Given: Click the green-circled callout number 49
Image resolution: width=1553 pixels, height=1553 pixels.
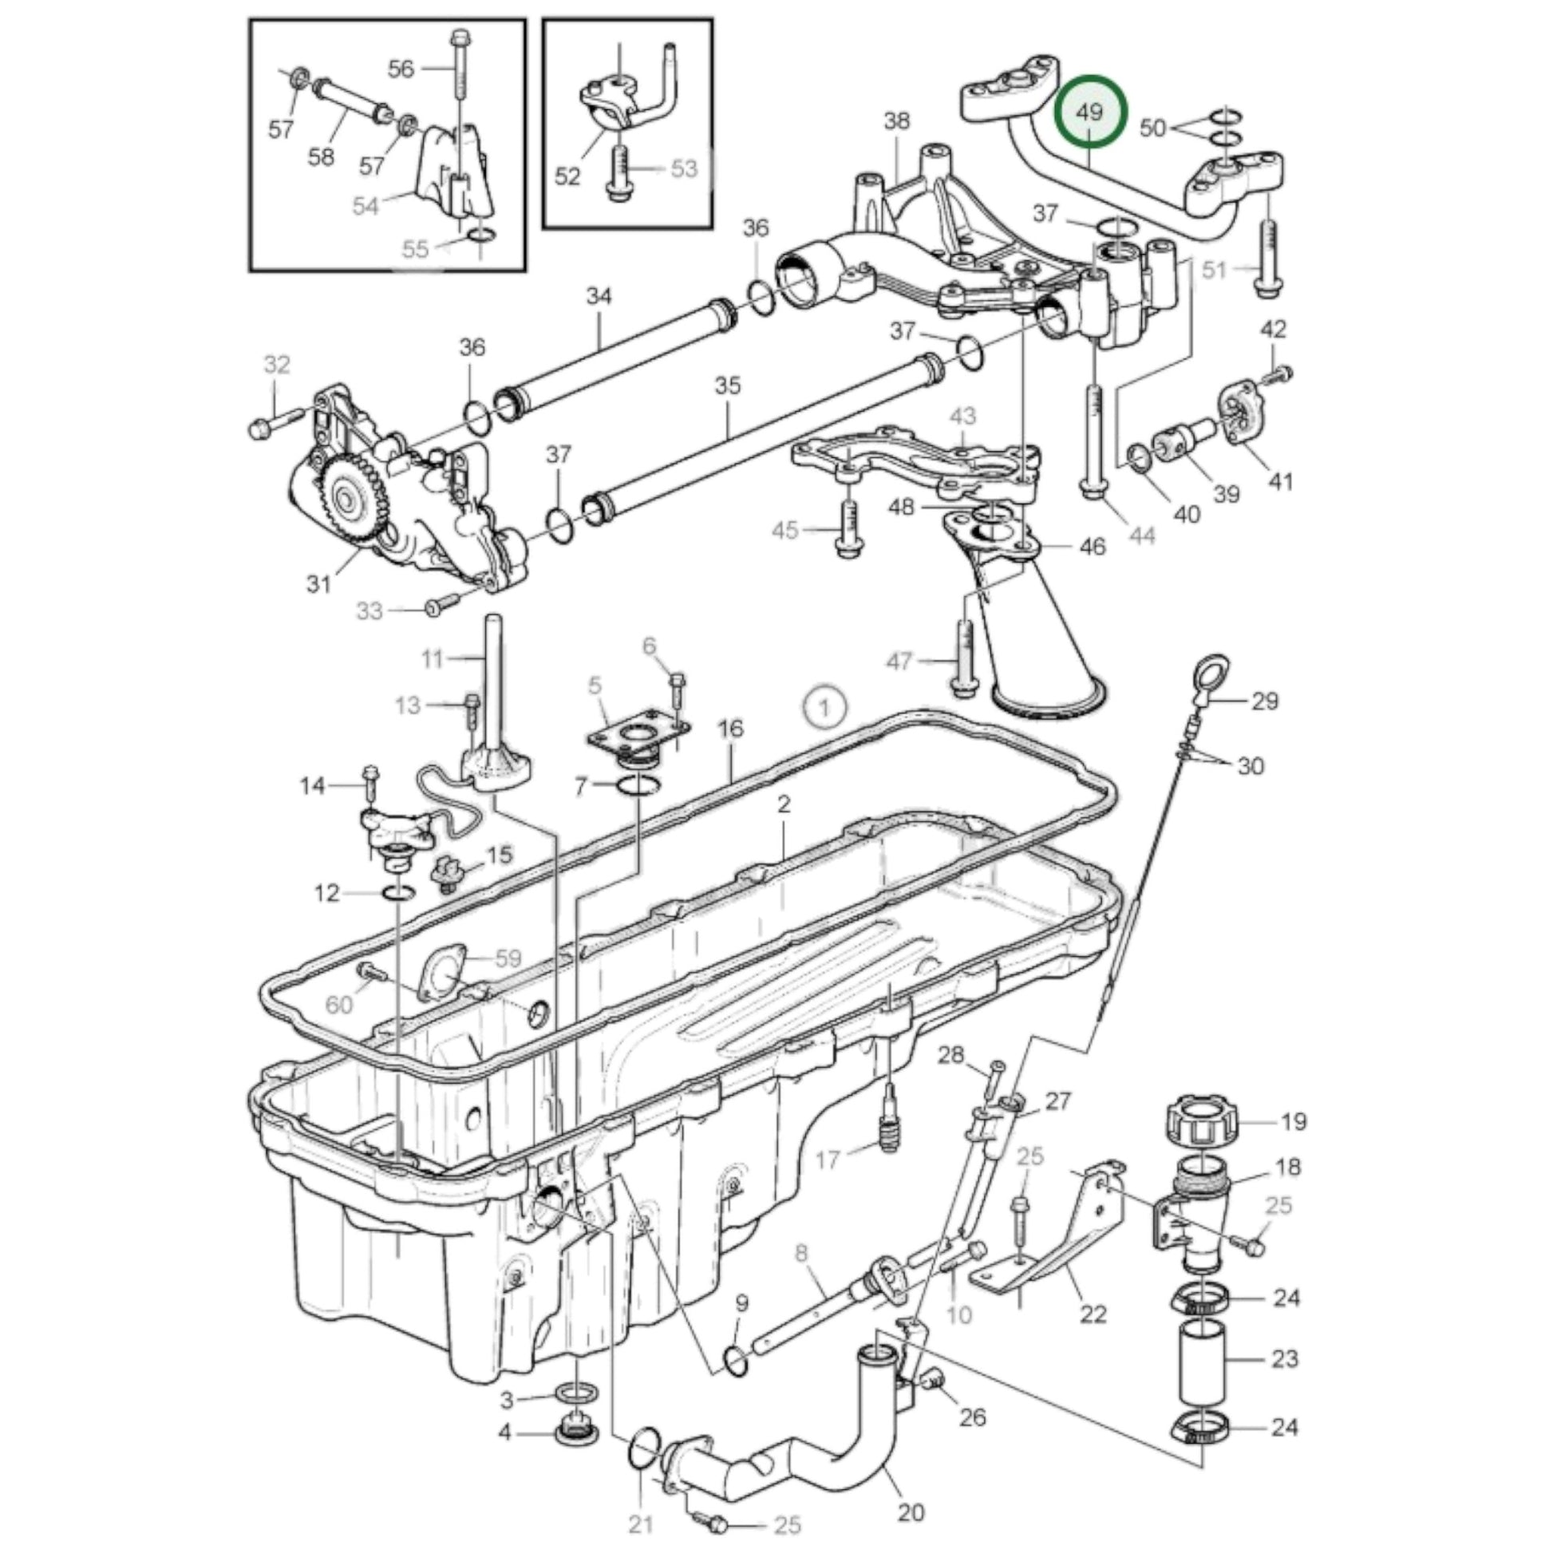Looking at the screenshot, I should pyautogui.click(x=1090, y=112).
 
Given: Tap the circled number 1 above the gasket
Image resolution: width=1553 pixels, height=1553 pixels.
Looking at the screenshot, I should pyautogui.click(x=824, y=707).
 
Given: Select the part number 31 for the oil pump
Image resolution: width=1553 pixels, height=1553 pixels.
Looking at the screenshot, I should pyautogui.click(x=319, y=583).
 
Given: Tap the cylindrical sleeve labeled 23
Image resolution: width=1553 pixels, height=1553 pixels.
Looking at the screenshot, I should pyautogui.click(x=1202, y=1359).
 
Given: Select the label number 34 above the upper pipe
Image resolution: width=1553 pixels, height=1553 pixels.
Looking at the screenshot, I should pyautogui.click(x=599, y=297).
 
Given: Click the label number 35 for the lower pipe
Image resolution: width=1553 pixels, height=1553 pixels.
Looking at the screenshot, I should pyautogui.click(x=728, y=385).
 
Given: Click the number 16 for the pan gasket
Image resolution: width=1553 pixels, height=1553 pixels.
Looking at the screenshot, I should pyautogui.click(x=731, y=729).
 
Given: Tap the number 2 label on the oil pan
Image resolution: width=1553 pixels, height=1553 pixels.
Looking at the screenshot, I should pyautogui.click(x=784, y=804).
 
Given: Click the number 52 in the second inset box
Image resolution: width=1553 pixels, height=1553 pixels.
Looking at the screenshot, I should pyautogui.click(x=567, y=176).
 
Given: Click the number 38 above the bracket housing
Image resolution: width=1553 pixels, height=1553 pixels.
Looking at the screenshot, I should pyautogui.click(x=897, y=121).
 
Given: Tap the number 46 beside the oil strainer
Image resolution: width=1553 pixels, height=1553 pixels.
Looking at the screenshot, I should pyautogui.click(x=1093, y=547).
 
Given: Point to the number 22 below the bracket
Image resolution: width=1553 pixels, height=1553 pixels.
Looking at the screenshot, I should pyautogui.click(x=1093, y=1314).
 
